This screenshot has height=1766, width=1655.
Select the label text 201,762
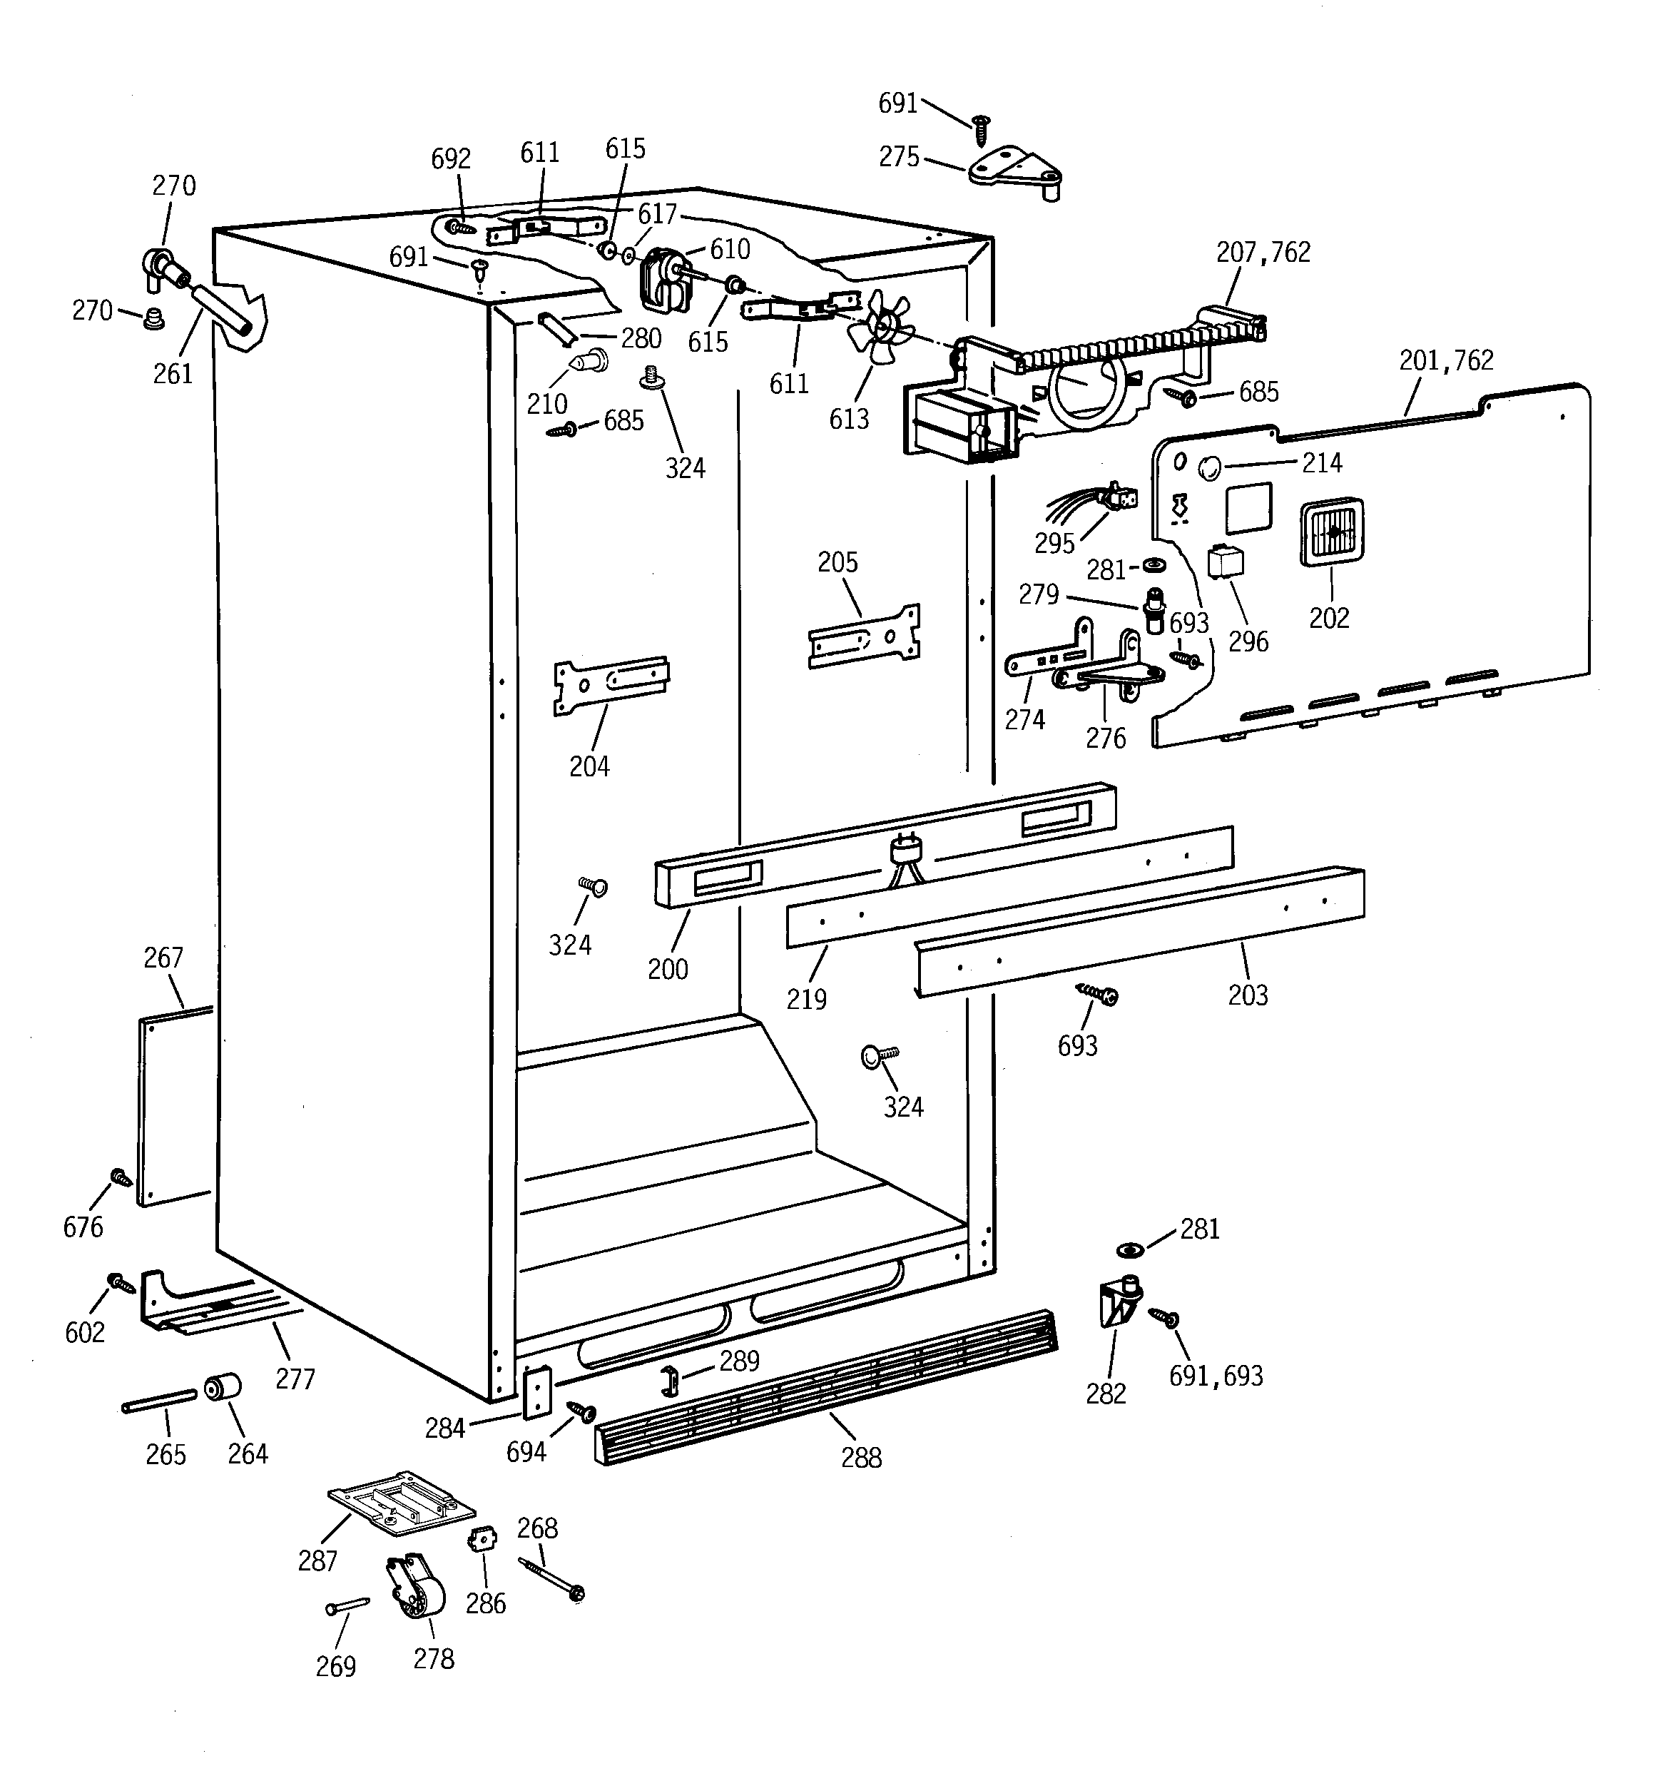(1445, 360)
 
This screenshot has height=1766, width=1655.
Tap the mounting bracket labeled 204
(611, 684)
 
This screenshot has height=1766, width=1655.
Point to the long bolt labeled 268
(551, 1580)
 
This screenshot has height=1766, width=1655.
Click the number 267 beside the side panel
(163, 958)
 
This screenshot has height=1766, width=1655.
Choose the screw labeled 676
(120, 1178)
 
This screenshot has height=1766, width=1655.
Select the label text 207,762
(1263, 253)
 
